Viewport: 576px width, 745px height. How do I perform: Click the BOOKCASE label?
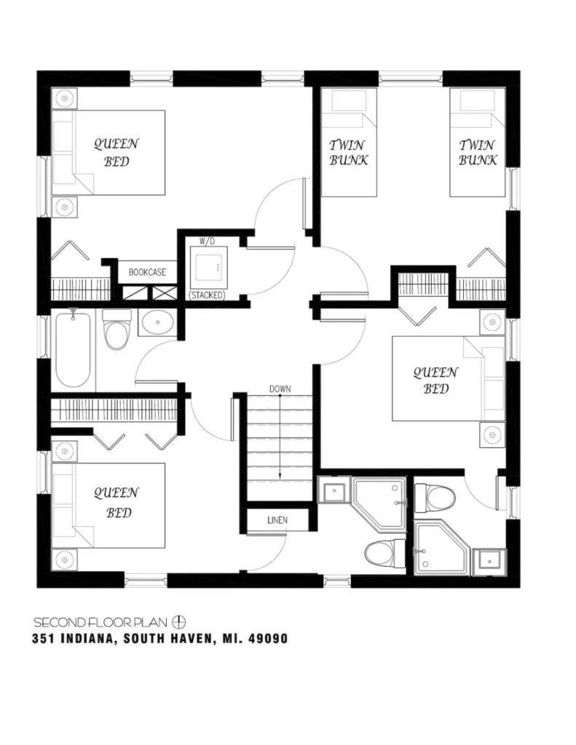147,272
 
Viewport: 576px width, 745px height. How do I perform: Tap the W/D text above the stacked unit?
208,240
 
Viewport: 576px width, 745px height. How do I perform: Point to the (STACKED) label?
207,295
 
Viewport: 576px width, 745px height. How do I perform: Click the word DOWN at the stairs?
280,389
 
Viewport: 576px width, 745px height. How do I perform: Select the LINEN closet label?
277,520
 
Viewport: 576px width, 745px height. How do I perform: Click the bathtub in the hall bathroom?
73,349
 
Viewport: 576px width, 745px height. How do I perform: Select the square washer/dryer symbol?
208,268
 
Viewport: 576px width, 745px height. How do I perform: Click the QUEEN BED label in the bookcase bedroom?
116,153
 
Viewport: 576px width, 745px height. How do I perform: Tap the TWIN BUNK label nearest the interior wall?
348,153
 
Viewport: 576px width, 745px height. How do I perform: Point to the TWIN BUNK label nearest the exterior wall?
477,153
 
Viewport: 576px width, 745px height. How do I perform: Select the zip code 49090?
267,640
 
